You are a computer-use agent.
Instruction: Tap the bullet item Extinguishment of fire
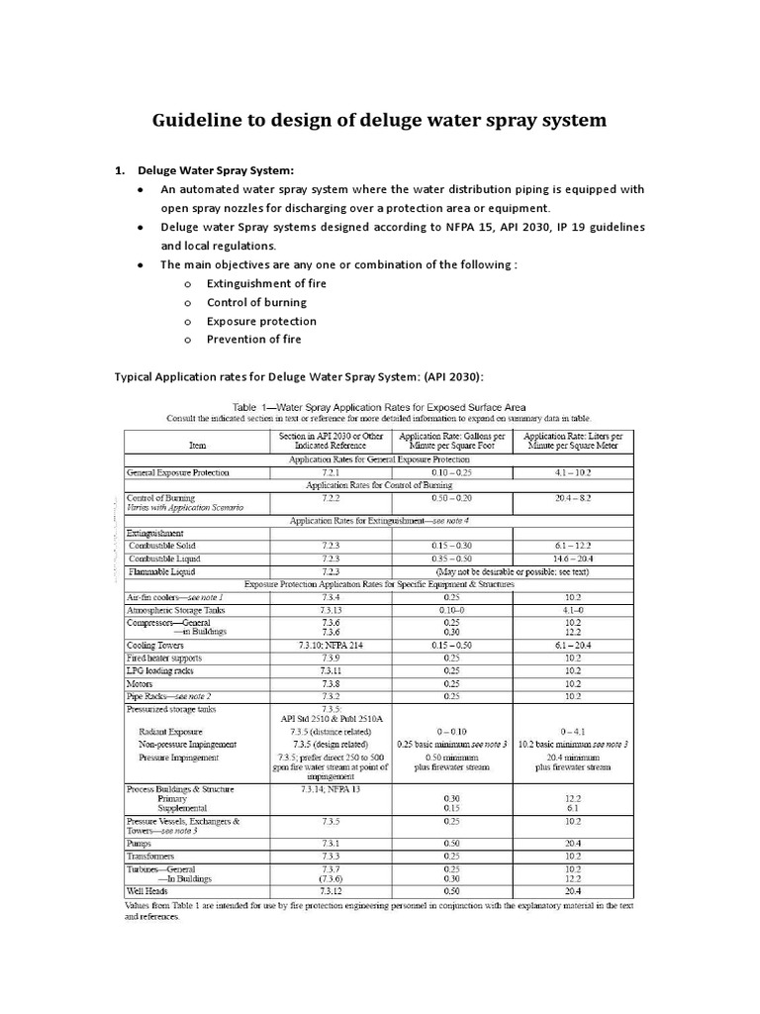pyautogui.click(x=266, y=284)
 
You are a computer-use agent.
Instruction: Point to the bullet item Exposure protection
pyautogui.click(x=261, y=321)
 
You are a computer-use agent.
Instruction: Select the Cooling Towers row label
pyautogui.click(x=155, y=645)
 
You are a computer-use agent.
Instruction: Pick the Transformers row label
pyautogui.click(x=150, y=856)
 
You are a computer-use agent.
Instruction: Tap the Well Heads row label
pyautogui.click(x=146, y=890)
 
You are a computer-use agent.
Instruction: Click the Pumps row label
pyautogui.click(x=140, y=843)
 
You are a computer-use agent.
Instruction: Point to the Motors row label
pyautogui.click(x=140, y=683)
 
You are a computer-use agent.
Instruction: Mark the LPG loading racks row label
pyautogui.click(x=159, y=670)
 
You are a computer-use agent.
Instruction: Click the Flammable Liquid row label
pyautogui.click(x=161, y=571)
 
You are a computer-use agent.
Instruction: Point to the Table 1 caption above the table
pyautogui.click(x=379, y=406)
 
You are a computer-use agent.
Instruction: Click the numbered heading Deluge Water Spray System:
pyautogui.click(x=216, y=169)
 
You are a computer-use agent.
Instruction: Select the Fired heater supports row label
pyautogui.click(x=164, y=658)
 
